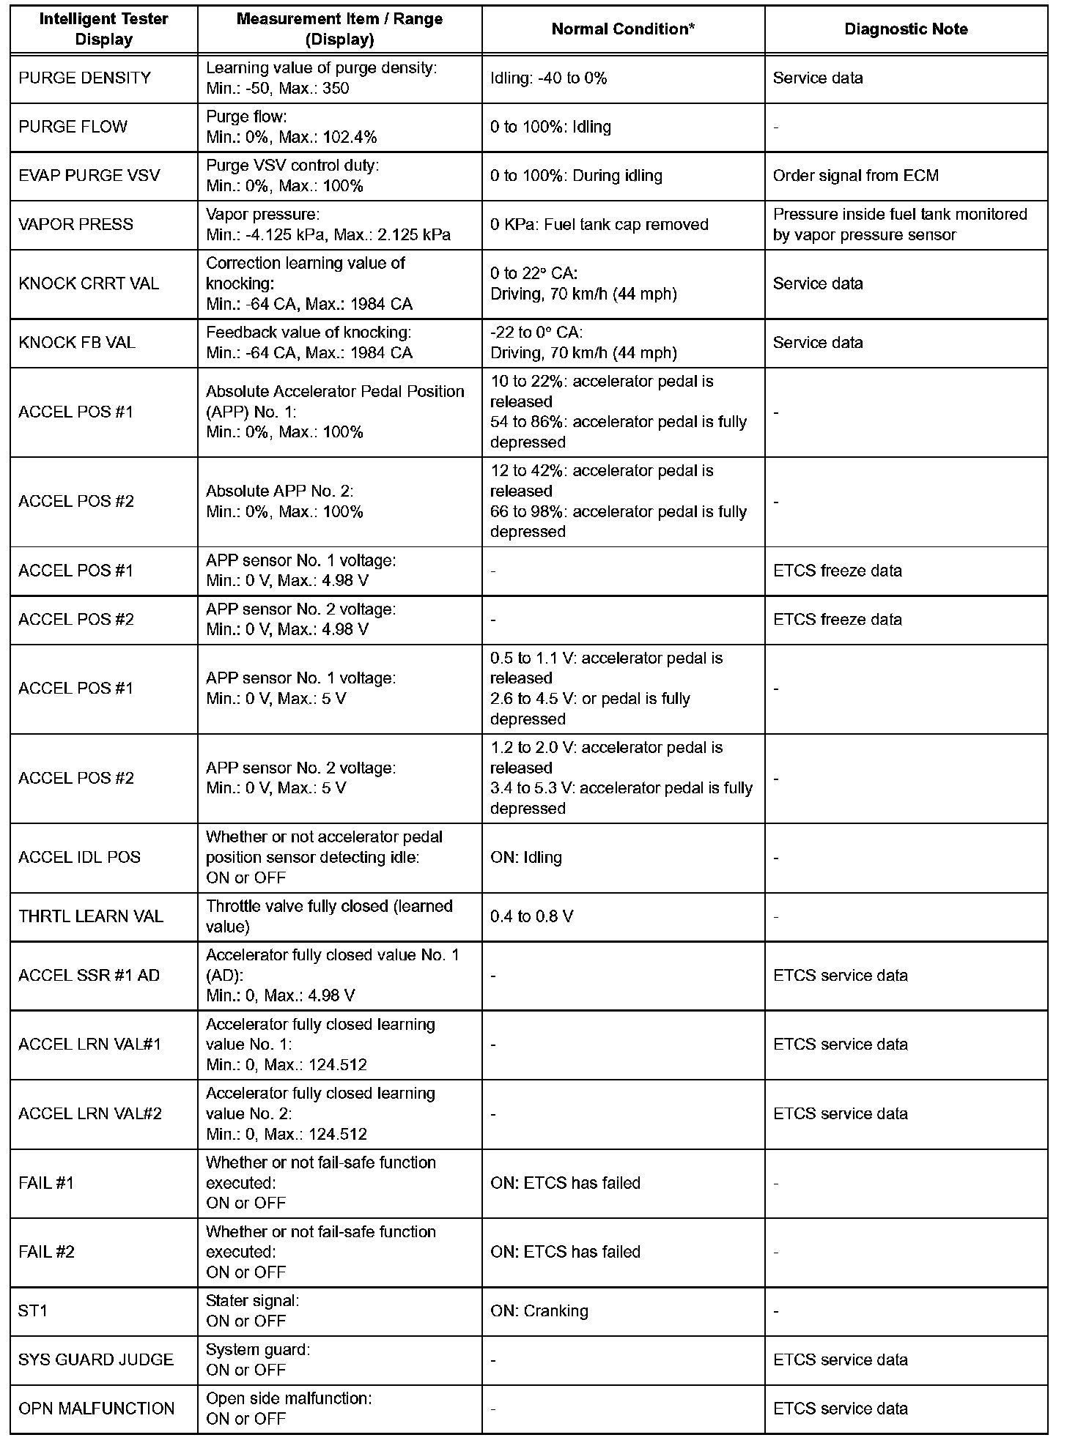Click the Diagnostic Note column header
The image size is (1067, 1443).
[x=906, y=29]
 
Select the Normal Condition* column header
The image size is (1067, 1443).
[x=623, y=29]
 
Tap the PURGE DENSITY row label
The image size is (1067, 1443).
[x=85, y=78]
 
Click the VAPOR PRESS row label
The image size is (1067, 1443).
[x=76, y=224]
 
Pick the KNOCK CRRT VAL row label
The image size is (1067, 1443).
[x=89, y=283]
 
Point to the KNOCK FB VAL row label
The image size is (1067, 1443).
[x=77, y=342]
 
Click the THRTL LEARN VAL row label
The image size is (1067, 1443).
[x=91, y=916]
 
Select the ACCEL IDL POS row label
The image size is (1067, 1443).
[x=79, y=857]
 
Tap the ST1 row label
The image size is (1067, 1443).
[x=32, y=1310]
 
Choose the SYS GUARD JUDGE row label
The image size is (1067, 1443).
[x=96, y=1359]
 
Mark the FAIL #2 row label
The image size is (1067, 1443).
[x=46, y=1252]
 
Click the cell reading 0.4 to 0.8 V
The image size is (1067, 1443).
[x=531, y=916]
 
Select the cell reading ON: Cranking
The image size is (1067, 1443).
[x=539, y=1310]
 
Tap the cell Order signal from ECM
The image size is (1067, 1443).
[x=855, y=176]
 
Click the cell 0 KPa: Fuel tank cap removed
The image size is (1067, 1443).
[x=599, y=224]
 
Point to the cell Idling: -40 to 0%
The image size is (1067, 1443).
[x=548, y=78]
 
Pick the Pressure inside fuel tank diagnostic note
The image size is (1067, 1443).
[x=900, y=224]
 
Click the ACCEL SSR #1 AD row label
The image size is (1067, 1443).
[x=89, y=975]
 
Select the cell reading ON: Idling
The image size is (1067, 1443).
[x=525, y=857]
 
